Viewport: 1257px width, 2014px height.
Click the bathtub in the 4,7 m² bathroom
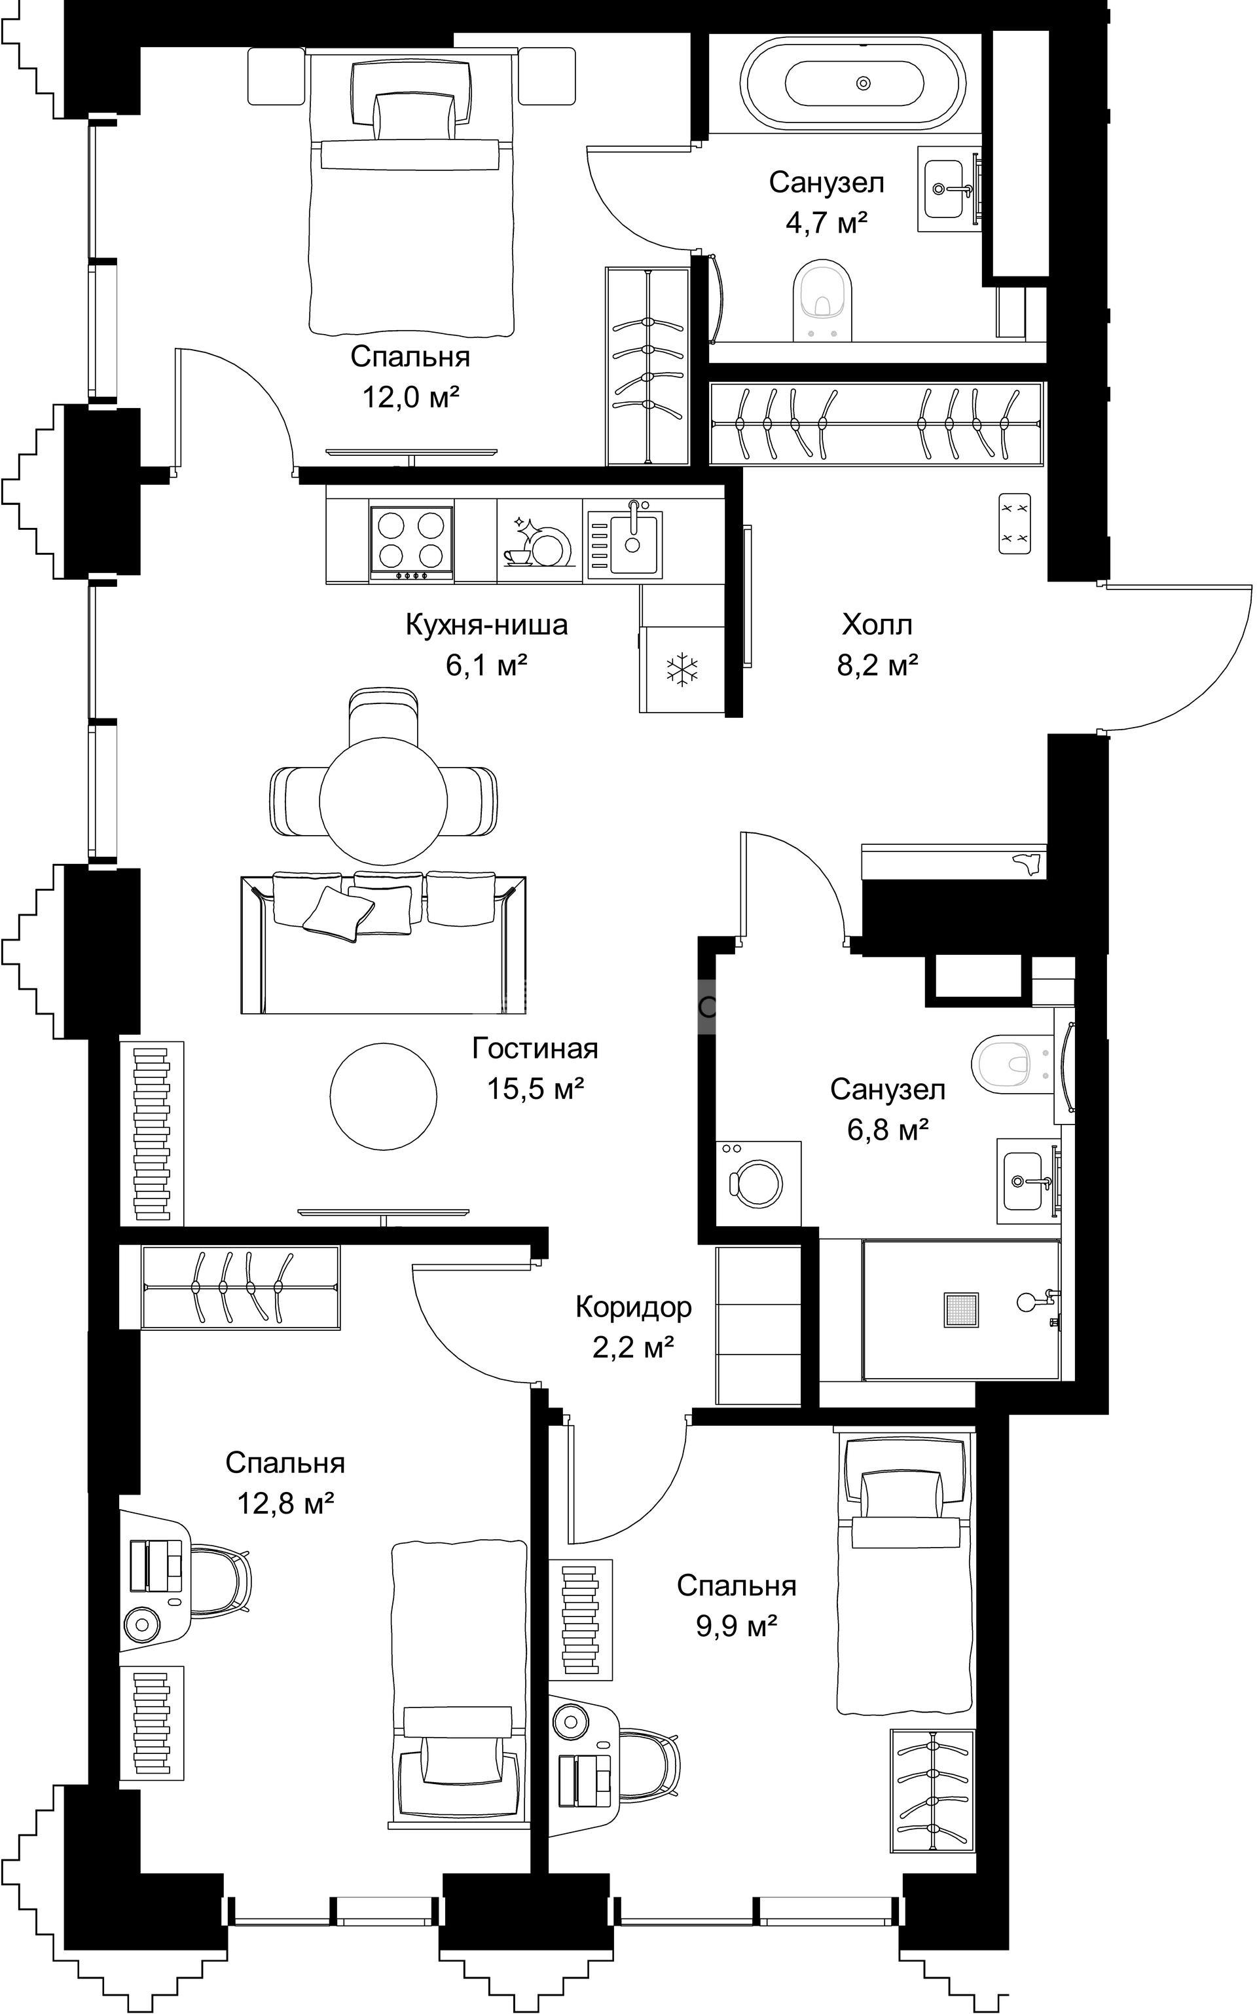(x=853, y=83)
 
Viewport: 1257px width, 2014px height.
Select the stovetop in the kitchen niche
(x=412, y=543)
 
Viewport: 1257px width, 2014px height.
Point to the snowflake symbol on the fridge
(x=683, y=669)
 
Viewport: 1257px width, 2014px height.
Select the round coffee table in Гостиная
(x=383, y=1096)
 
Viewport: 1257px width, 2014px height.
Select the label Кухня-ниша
(x=486, y=624)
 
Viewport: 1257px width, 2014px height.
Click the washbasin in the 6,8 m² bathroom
(x=1028, y=1181)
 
